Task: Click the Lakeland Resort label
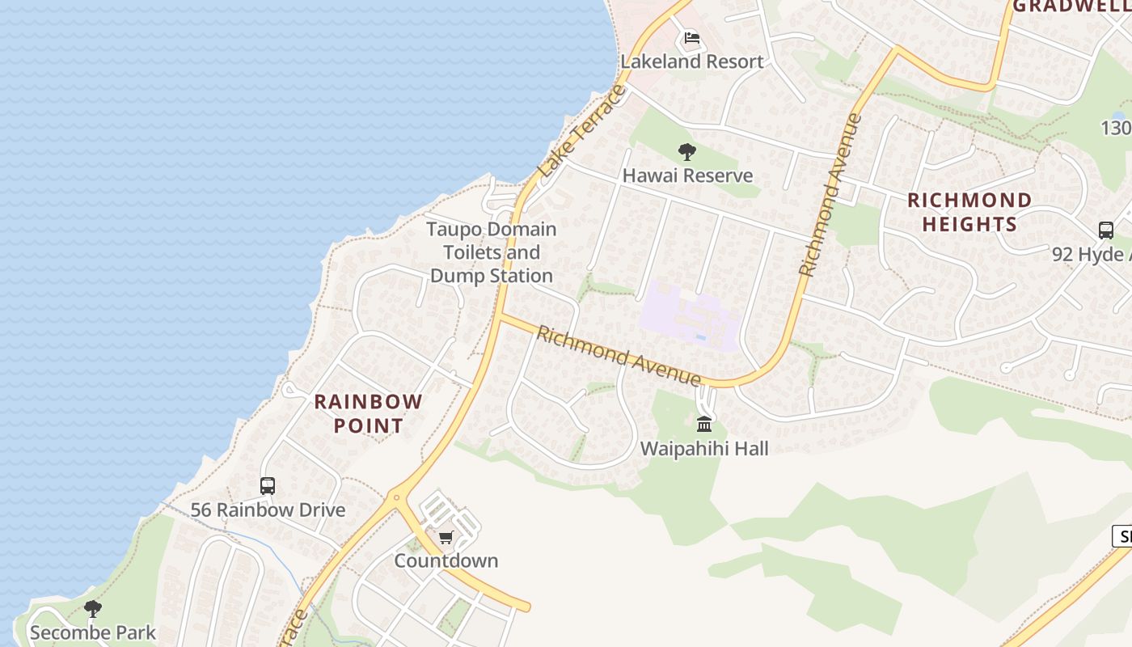(x=691, y=61)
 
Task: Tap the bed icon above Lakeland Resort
(x=691, y=38)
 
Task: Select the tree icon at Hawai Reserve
(x=687, y=151)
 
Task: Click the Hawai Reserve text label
(x=687, y=175)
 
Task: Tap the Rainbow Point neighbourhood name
(x=368, y=413)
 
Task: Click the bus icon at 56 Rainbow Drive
(x=268, y=486)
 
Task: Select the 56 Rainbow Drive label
(x=268, y=510)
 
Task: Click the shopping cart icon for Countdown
(x=446, y=537)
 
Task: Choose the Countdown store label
(x=446, y=560)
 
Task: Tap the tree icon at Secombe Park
(x=93, y=608)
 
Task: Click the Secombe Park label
(x=93, y=632)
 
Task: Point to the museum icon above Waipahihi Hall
(x=704, y=424)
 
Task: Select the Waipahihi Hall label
(x=704, y=448)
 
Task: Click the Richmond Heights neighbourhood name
(x=969, y=212)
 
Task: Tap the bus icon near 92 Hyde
(x=1105, y=230)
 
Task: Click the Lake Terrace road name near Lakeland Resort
(x=582, y=131)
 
